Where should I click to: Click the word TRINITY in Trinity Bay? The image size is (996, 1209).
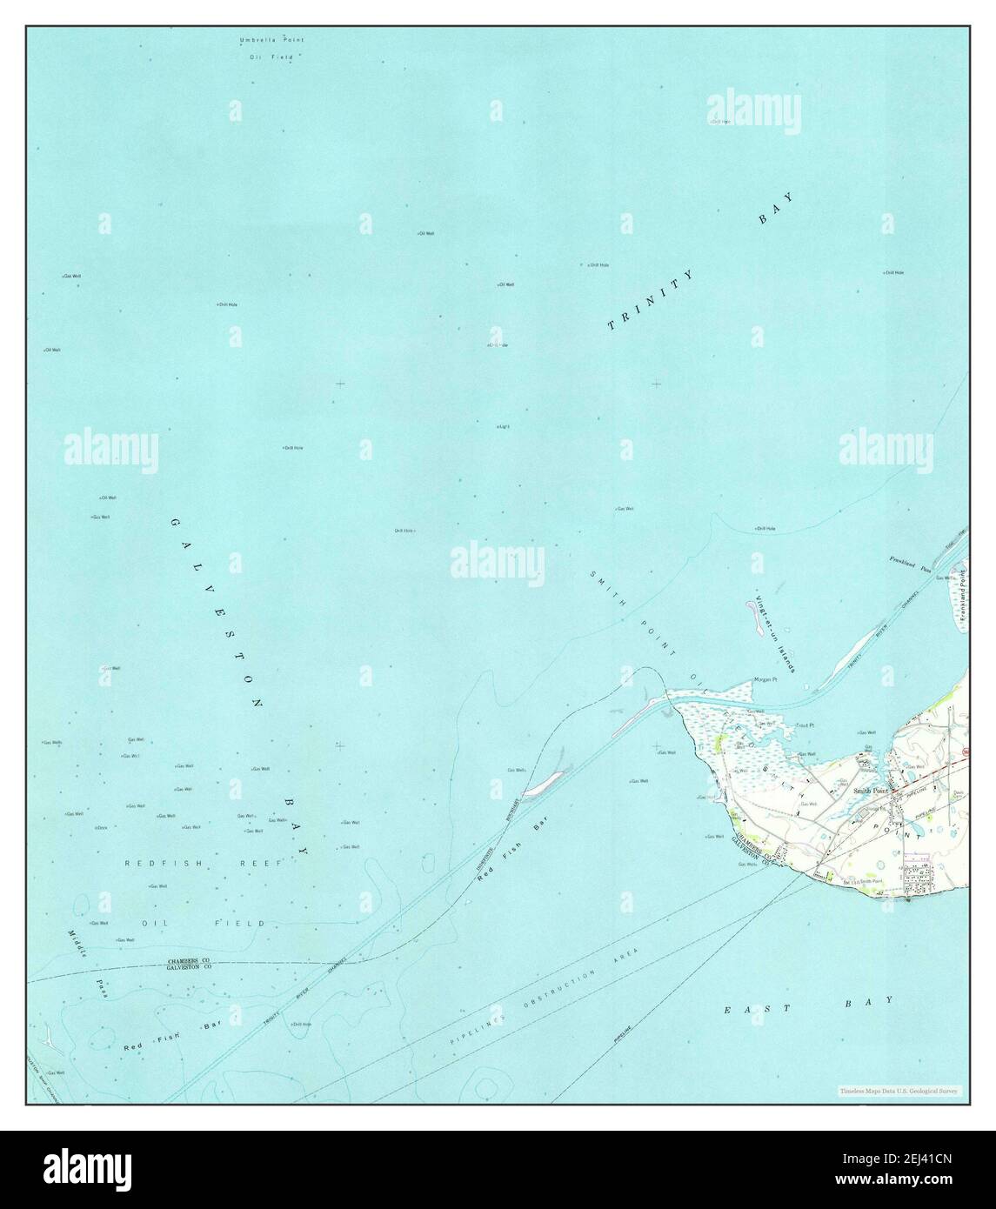point(652,300)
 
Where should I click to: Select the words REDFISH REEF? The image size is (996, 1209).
point(204,863)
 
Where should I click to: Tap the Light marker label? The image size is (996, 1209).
point(503,427)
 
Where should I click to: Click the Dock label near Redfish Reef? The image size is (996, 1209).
point(101,827)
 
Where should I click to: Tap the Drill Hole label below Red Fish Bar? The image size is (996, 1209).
point(301,1025)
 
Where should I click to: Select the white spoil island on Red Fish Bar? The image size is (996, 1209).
point(546,781)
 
